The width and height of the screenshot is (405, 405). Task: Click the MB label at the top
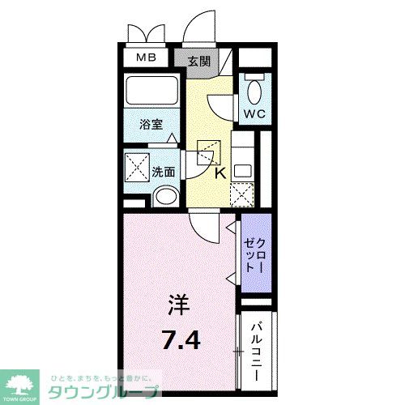[x=145, y=58]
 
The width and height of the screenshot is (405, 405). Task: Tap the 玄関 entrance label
[x=198, y=61]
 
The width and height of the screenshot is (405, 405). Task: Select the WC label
[x=255, y=114]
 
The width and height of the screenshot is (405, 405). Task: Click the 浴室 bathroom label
[x=151, y=126]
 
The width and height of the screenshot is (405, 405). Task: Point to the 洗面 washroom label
[x=164, y=171]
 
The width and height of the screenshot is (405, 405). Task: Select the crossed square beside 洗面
[x=135, y=165]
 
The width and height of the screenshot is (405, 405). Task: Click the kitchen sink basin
[x=242, y=172]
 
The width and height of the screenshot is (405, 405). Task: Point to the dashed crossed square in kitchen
[x=241, y=195]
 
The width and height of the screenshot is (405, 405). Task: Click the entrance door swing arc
[x=198, y=28]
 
